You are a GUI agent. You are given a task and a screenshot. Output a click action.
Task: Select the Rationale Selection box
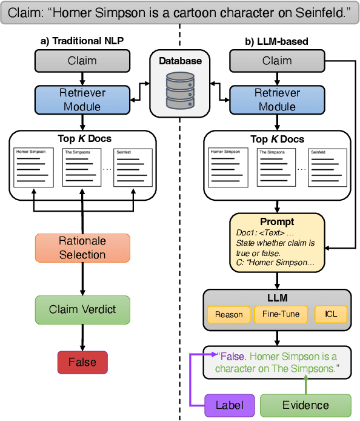pos(82,248)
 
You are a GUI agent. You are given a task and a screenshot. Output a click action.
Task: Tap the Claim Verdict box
pos(82,309)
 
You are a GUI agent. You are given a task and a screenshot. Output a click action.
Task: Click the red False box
pos(82,362)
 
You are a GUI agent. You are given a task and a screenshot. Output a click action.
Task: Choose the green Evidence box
pos(305,405)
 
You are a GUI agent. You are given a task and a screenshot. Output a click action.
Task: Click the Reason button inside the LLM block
pos(228,314)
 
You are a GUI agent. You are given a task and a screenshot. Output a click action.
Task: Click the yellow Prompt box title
pos(277,221)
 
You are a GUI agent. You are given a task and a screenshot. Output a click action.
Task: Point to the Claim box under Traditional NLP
pos(82,61)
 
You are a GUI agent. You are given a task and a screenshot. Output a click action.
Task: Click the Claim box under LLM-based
pos(277,61)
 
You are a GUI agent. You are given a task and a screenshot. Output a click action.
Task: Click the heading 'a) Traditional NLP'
pos(82,41)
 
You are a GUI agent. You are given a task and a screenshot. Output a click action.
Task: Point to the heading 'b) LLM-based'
pos(276,41)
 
